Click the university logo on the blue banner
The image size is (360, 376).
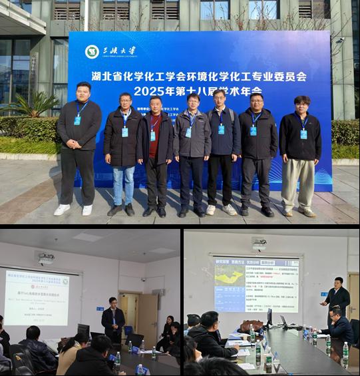pos(92,51)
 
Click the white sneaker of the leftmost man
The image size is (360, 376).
pos(62,210)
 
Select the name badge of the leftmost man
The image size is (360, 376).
pos(77,120)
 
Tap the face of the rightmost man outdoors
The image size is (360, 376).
pos(301,104)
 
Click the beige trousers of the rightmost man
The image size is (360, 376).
pos(297,182)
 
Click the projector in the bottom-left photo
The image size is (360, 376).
pos(46,258)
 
